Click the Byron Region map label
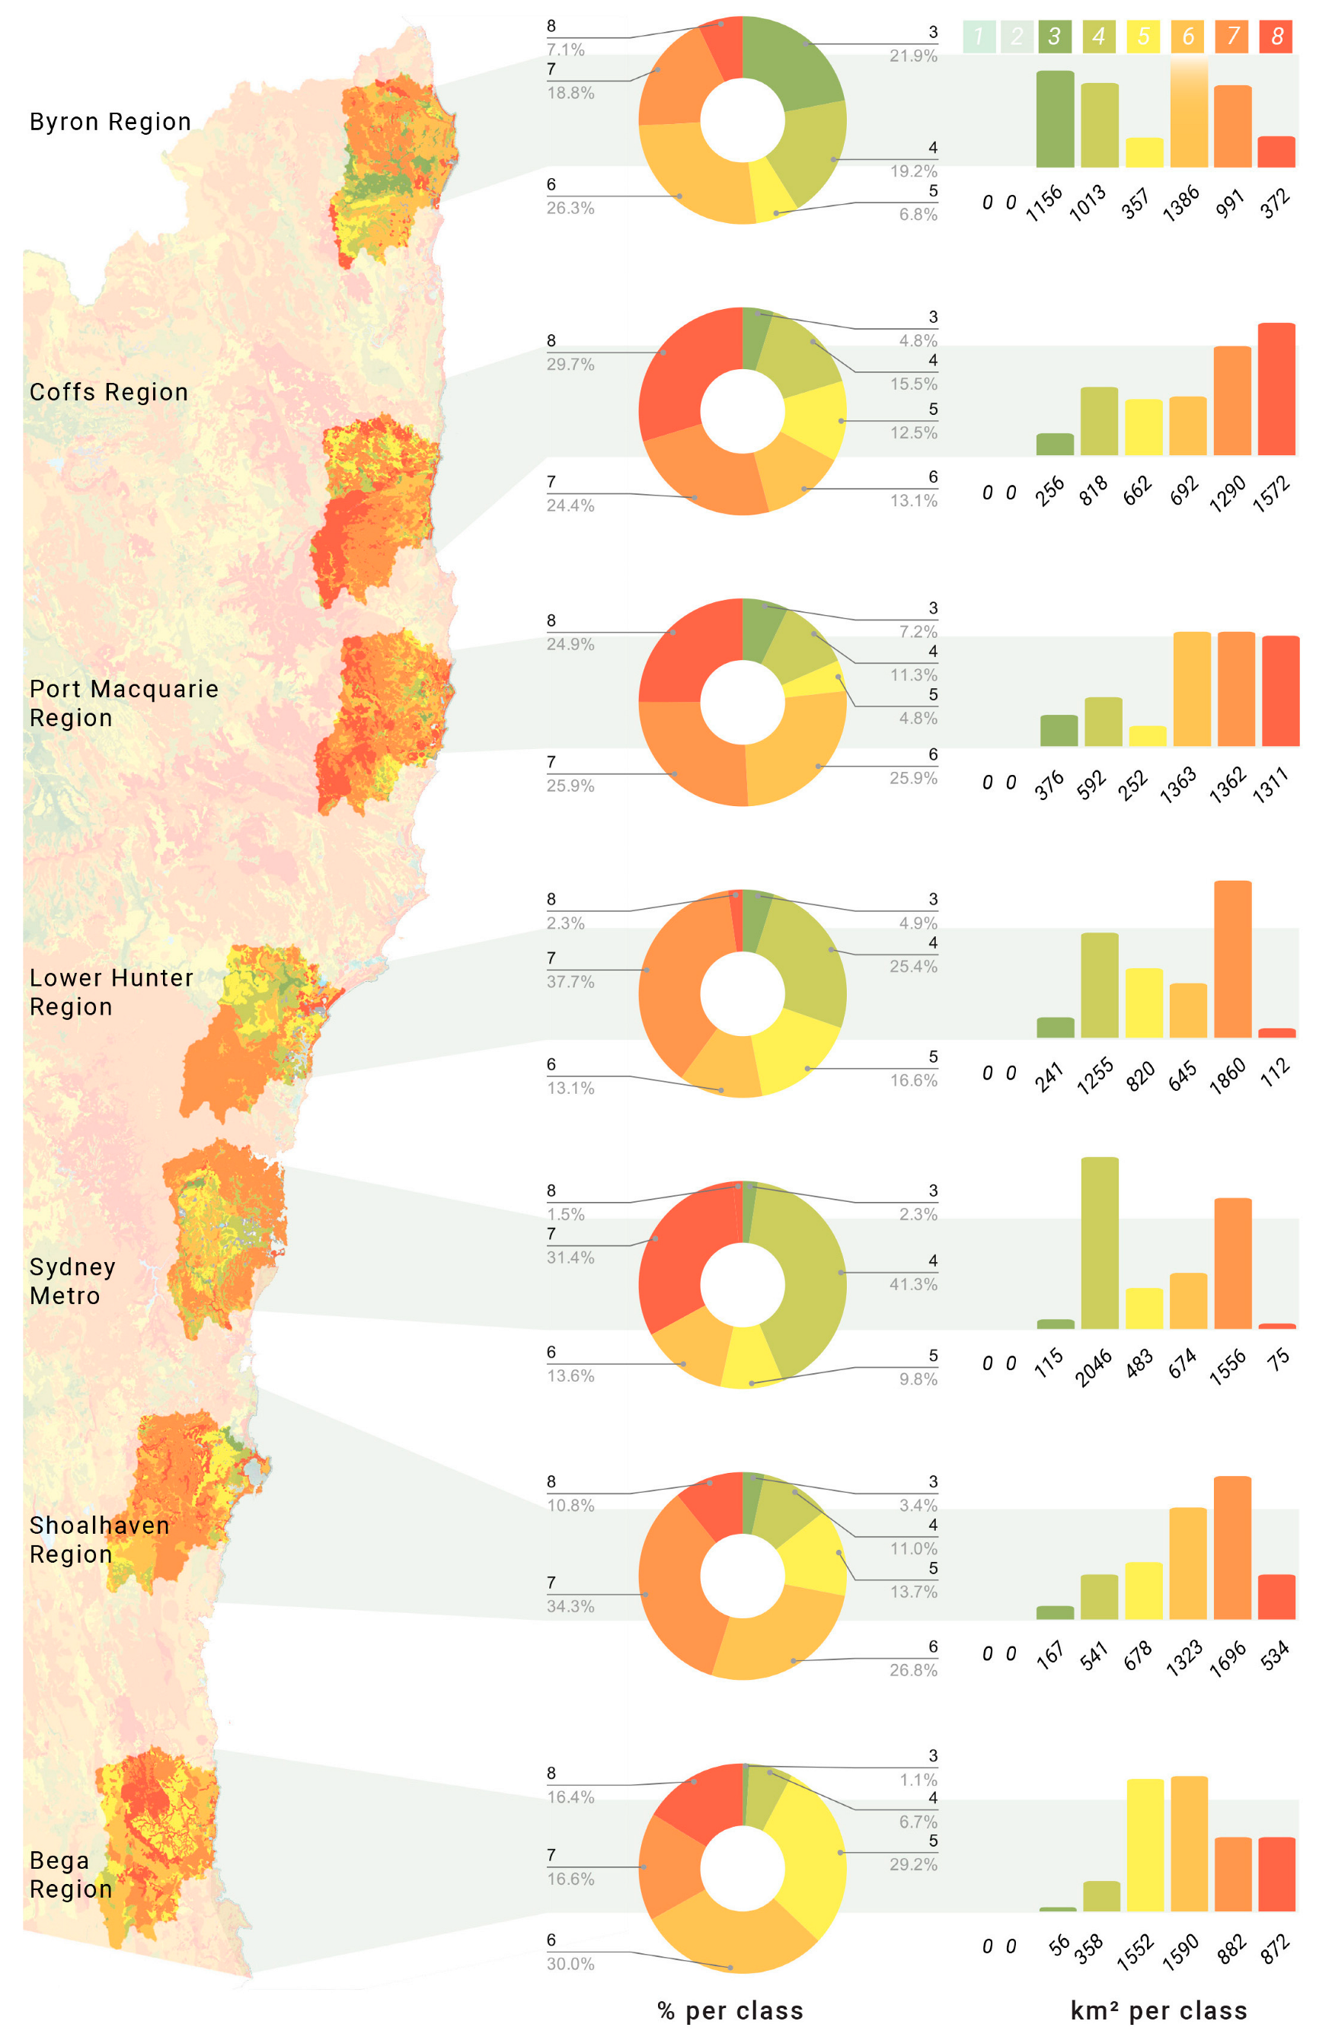coord(110,122)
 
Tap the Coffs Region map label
coord(109,392)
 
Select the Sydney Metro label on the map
coord(72,1280)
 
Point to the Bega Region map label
coord(70,1874)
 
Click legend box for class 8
coord(1276,36)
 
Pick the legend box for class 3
coord(1054,36)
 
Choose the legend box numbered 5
coord(1143,36)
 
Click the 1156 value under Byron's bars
coord(1044,204)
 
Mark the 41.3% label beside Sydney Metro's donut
coord(912,1284)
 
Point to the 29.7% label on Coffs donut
coord(570,365)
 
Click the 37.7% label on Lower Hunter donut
coord(570,982)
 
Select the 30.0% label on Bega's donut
coord(570,1963)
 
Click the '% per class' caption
coord(730,2010)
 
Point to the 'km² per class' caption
coord(1158,2010)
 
